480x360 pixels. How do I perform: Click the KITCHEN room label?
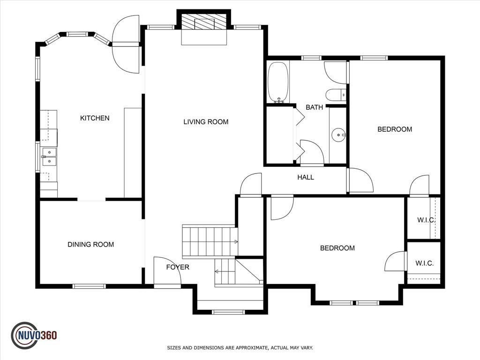click(95, 118)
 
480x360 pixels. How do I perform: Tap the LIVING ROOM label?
click(206, 122)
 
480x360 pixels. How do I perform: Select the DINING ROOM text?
click(90, 245)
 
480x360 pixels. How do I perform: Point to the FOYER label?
click(178, 267)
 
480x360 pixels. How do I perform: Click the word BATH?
click(314, 107)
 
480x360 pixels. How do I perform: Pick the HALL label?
click(306, 177)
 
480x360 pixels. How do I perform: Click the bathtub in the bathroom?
click(278, 82)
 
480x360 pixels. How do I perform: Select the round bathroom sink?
click(338, 135)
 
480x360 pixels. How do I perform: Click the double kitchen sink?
click(49, 157)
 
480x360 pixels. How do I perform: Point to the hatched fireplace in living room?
click(204, 22)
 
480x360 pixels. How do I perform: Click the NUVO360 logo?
click(34, 336)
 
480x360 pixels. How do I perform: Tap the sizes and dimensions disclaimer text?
click(240, 348)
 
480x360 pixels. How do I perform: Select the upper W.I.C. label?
click(426, 220)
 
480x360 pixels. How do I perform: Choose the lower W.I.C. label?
click(424, 263)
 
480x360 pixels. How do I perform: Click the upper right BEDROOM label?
click(395, 129)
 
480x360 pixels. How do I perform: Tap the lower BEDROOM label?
click(337, 248)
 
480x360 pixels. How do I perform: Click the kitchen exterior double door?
click(126, 45)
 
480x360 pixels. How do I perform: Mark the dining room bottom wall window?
click(89, 286)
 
